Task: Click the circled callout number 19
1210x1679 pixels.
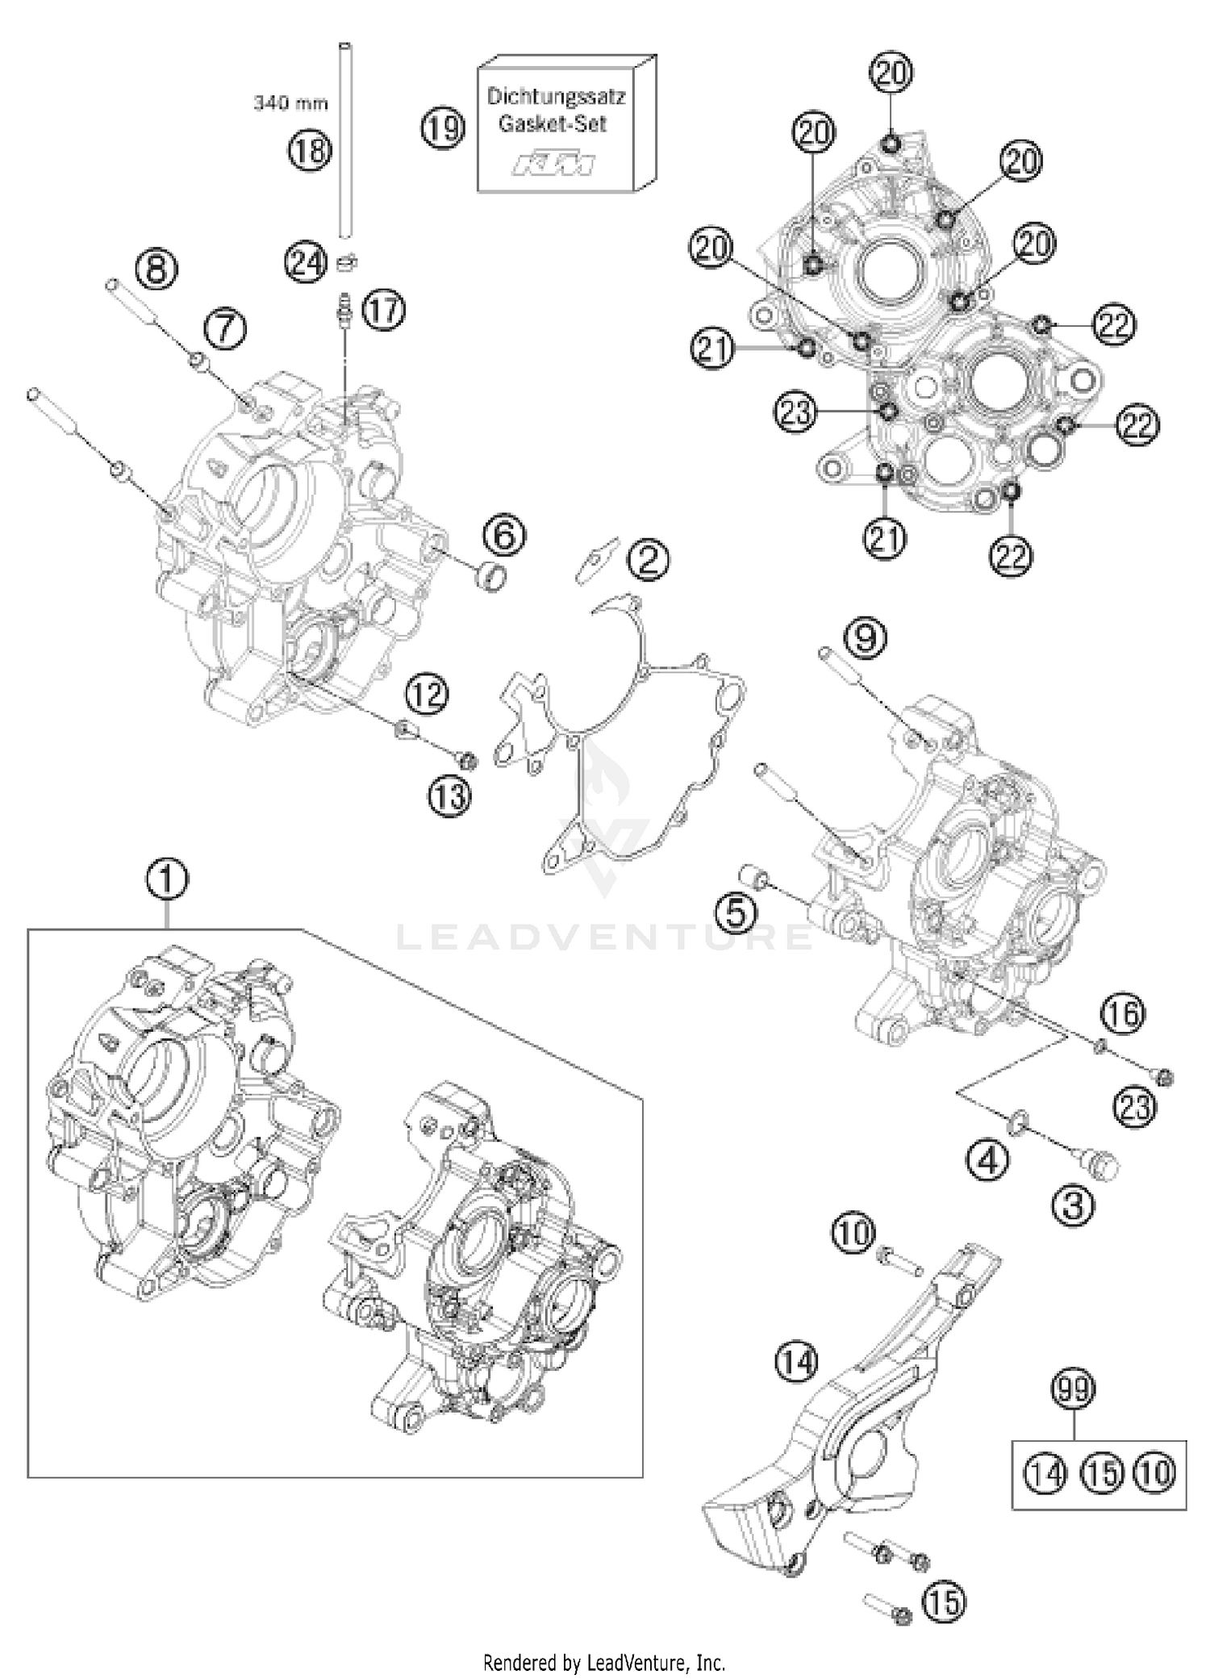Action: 443,128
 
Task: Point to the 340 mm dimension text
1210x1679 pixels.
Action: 290,103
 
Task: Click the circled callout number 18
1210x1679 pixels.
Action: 311,150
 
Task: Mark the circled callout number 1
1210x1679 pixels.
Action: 167,880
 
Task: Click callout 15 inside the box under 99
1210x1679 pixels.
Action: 1102,1473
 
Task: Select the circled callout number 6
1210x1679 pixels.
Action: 505,536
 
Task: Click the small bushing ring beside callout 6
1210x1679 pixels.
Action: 492,578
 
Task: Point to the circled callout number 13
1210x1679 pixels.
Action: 449,797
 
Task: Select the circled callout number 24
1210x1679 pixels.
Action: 307,263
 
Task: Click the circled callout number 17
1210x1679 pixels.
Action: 384,311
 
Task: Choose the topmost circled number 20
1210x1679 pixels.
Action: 891,73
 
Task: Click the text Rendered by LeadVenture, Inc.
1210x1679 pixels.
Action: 604,1662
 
